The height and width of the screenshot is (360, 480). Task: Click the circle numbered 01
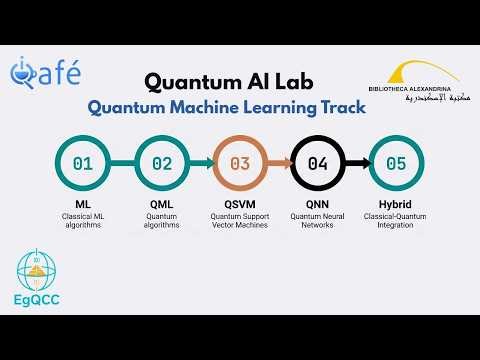click(83, 163)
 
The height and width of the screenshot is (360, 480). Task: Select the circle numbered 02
click(161, 163)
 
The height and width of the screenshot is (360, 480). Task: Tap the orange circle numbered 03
click(240, 163)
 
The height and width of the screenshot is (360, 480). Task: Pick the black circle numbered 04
click(317, 163)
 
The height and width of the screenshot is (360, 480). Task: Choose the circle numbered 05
click(396, 163)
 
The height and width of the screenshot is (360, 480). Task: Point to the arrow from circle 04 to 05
click(357, 163)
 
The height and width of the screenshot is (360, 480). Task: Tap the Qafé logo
click(45, 73)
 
